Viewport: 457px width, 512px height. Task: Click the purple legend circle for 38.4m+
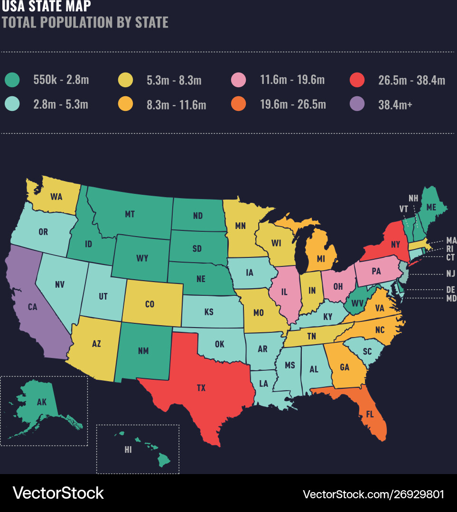[x=356, y=103]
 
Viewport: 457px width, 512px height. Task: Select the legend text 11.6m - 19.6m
[x=292, y=80]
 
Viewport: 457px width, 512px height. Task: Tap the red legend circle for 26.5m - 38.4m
[x=356, y=80]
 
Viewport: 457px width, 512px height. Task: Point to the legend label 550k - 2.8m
[x=61, y=80]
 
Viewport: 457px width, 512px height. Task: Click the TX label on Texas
[x=201, y=388]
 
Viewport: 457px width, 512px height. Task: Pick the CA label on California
[x=32, y=307]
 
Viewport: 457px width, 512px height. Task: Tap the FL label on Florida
[x=370, y=414]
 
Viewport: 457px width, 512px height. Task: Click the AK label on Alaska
[x=42, y=402]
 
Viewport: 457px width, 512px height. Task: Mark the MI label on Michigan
[x=321, y=259]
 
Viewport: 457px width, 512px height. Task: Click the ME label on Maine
[x=431, y=207]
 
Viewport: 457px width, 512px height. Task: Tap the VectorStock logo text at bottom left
[x=58, y=493]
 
